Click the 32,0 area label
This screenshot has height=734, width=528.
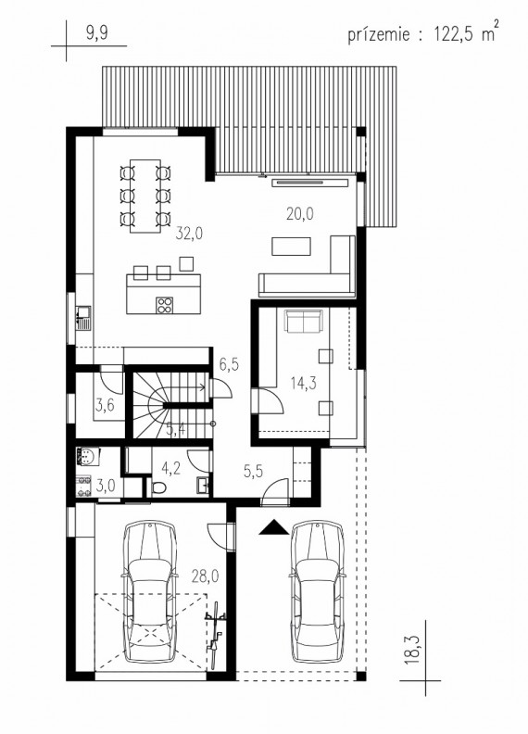click(189, 234)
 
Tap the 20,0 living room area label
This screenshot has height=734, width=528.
click(300, 214)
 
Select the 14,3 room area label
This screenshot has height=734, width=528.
click(303, 383)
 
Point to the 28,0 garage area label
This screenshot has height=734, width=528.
click(205, 576)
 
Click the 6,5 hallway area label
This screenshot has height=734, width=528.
click(229, 363)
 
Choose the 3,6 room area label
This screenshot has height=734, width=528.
click(105, 404)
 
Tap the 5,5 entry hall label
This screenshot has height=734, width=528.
click(253, 471)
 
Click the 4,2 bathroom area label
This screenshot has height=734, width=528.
click(170, 468)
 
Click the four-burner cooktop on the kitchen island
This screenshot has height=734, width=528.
click(164, 305)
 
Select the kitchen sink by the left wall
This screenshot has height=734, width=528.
click(83, 318)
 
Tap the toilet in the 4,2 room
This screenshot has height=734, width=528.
click(157, 488)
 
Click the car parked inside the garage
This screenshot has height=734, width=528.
click(150, 592)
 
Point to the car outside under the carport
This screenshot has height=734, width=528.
click(318, 592)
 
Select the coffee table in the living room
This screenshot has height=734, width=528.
click(291, 247)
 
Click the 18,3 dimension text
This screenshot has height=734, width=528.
click(411, 650)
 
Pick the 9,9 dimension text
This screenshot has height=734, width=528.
click(97, 33)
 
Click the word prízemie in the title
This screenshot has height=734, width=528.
click(379, 34)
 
